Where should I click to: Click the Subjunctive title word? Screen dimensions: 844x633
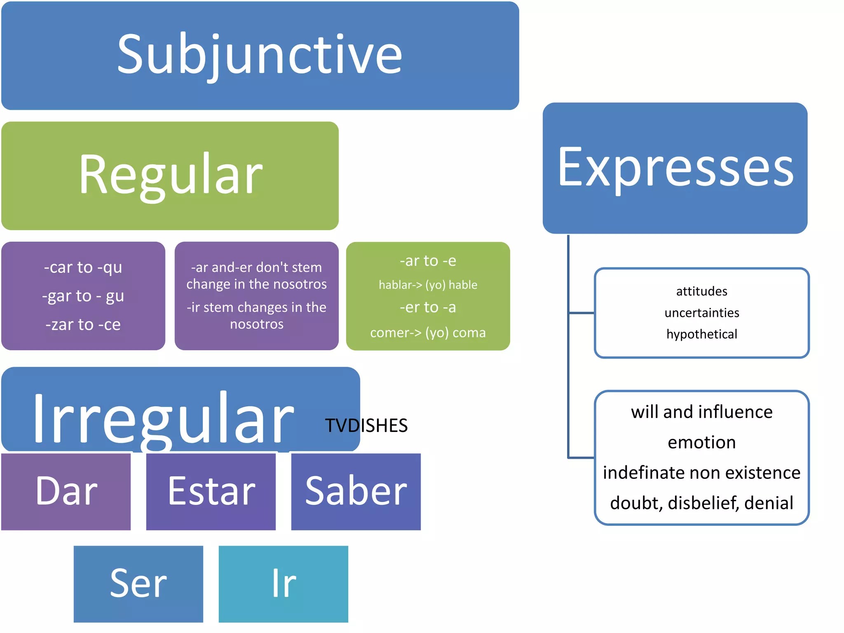tap(260, 56)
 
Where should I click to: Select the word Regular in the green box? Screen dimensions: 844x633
tap(171, 175)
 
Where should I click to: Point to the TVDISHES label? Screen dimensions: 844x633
tap(366, 425)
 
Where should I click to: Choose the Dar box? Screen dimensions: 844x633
tap(66, 491)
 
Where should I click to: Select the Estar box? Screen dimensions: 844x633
tap(211, 491)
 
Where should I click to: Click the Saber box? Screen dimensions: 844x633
tap(356, 491)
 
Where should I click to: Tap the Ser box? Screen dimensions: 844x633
tap(138, 584)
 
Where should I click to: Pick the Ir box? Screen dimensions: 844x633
tap(284, 584)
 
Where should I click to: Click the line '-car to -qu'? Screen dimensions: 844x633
tap(83, 267)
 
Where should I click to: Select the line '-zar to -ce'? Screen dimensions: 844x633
tap(83, 325)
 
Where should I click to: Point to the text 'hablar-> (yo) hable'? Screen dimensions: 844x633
tap(428, 285)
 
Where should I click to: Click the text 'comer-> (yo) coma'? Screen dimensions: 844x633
tap(428, 333)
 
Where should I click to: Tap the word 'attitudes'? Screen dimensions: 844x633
tap(702, 291)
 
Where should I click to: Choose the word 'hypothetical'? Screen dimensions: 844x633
tap(702, 334)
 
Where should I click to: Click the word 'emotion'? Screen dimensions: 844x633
tap(702, 442)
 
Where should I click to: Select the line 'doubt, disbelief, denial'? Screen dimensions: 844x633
tap(702, 503)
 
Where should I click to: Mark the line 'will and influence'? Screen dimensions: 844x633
tap(702, 412)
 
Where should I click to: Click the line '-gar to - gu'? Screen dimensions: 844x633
tap(83, 296)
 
